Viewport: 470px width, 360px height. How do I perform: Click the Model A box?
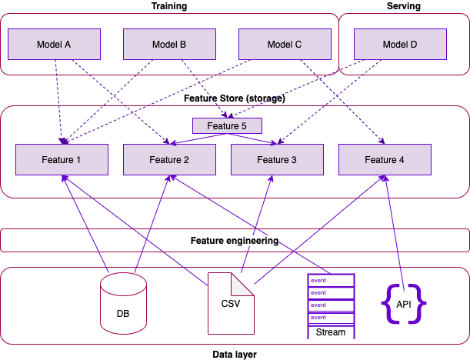(54, 45)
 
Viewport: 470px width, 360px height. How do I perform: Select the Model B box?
(169, 45)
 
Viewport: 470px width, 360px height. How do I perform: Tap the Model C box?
(285, 45)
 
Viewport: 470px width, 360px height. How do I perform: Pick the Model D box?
(400, 45)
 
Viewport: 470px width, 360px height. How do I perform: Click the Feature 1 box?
(62, 160)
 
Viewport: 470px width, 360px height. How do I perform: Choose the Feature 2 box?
(169, 160)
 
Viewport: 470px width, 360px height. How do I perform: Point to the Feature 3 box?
(277, 160)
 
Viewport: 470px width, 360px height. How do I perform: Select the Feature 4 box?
(385, 160)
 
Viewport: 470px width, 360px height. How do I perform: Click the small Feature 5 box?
(227, 125)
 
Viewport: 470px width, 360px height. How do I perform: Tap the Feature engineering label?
(235, 241)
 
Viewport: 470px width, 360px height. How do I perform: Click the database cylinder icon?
(123, 304)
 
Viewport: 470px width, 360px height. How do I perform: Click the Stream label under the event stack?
(331, 333)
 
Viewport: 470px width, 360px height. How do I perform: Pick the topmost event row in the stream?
(331, 281)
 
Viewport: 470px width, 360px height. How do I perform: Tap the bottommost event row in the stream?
(331, 318)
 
